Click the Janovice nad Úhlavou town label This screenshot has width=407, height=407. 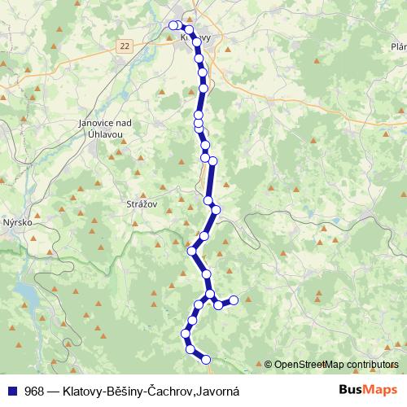(x=102, y=127)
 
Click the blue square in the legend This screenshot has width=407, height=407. (x=13, y=391)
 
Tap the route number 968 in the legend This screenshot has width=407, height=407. (x=35, y=391)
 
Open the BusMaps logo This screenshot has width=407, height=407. (x=368, y=390)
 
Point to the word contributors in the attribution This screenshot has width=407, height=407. (x=370, y=364)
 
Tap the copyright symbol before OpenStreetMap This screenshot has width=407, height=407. (x=269, y=364)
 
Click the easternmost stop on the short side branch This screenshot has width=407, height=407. (x=234, y=300)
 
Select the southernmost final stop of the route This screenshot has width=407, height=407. (x=206, y=359)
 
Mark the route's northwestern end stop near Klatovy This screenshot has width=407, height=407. (x=173, y=25)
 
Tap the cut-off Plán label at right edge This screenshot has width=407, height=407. (x=399, y=46)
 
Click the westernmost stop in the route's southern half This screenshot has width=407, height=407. (x=186, y=333)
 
